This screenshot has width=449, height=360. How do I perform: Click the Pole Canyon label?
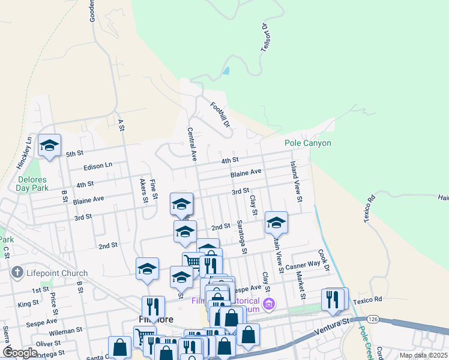tap(307, 143)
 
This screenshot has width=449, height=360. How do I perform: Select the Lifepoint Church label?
tap(57, 273)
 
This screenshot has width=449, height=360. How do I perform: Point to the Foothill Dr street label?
tap(220, 115)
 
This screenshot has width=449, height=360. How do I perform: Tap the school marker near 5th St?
tap(50, 145)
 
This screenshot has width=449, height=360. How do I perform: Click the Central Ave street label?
tap(193, 145)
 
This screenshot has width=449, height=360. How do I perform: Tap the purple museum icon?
tap(269, 304)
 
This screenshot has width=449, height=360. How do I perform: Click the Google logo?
tap(20, 353)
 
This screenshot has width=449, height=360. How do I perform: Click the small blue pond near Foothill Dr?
tap(226, 70)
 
